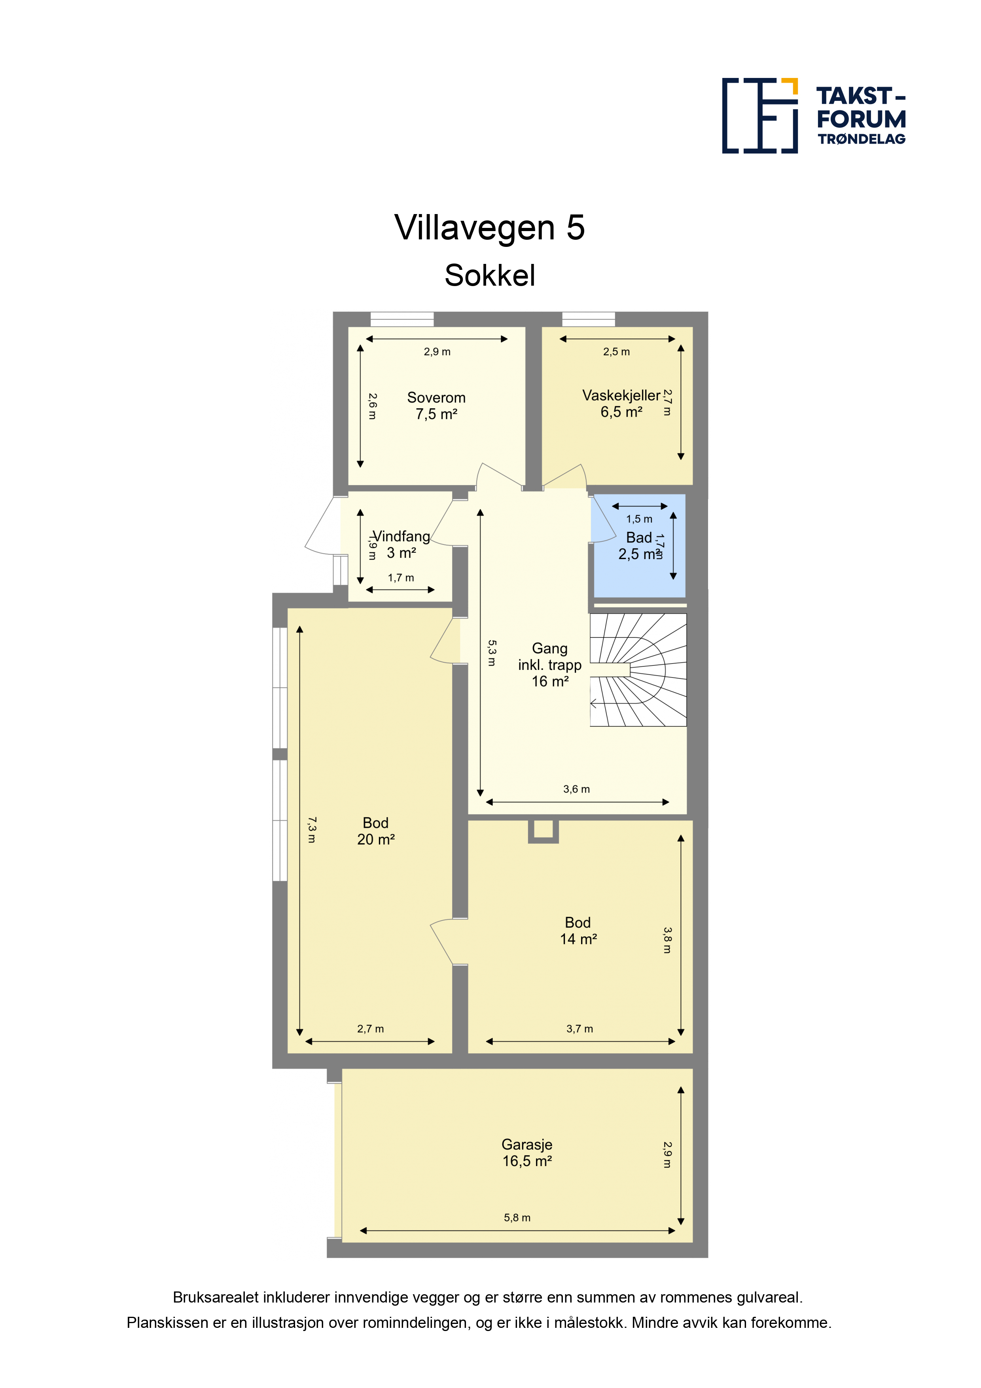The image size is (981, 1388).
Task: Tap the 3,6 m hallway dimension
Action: coord(576,789)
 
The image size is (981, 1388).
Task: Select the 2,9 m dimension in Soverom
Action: coord(436,352)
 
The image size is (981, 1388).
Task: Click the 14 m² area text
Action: coord(578,939)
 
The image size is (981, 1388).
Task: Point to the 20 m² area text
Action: coord(376,839)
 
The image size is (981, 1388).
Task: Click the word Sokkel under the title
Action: coord(490,276)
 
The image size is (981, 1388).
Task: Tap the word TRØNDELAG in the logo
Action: coord(861,139)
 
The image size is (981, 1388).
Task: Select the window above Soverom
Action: coord(402,319)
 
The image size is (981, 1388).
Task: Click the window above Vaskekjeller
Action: coord(588,319)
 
